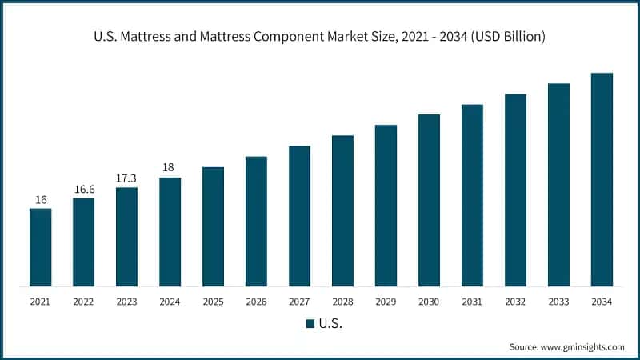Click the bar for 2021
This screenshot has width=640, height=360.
coord(40,247)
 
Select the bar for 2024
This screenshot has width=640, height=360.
coord(170,232)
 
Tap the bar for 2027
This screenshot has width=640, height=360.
coord(299,216)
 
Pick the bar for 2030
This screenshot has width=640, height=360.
coord(429,200)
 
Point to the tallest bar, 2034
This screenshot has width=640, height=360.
coord(602,179)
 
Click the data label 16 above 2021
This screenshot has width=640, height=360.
coord(40,199)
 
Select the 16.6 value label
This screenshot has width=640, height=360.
coord(83,189)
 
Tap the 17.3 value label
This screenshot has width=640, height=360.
coord(126,178)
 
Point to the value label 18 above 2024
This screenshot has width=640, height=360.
coord(170,167)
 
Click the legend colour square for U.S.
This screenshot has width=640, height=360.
coord(310,324)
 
